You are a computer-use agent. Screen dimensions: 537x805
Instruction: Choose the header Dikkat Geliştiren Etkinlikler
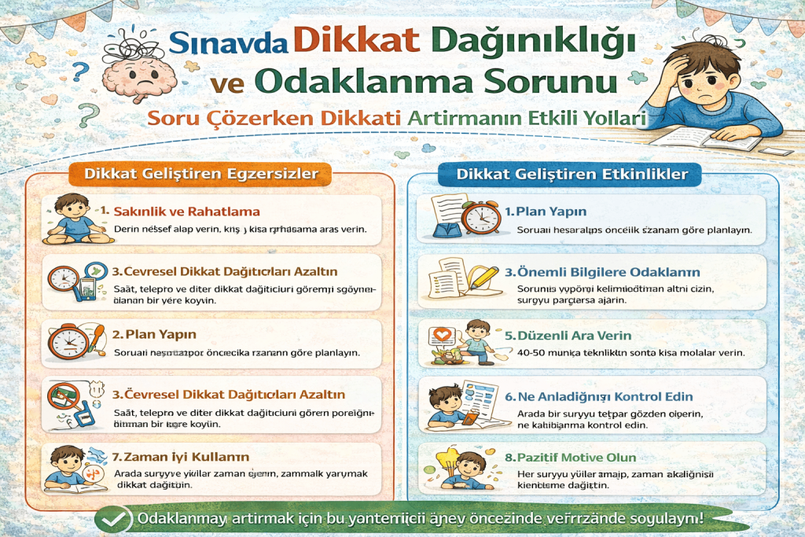pos(572,174)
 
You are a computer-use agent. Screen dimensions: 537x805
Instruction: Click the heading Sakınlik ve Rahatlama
pos(187,211)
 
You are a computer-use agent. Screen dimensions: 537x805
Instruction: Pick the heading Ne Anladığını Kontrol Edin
pos(605,396)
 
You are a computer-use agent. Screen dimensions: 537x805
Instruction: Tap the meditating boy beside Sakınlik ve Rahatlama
pos(70,218)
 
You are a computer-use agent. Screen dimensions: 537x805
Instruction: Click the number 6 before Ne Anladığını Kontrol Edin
pos(509,397)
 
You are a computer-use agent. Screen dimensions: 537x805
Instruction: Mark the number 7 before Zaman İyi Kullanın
pos(105,457)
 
